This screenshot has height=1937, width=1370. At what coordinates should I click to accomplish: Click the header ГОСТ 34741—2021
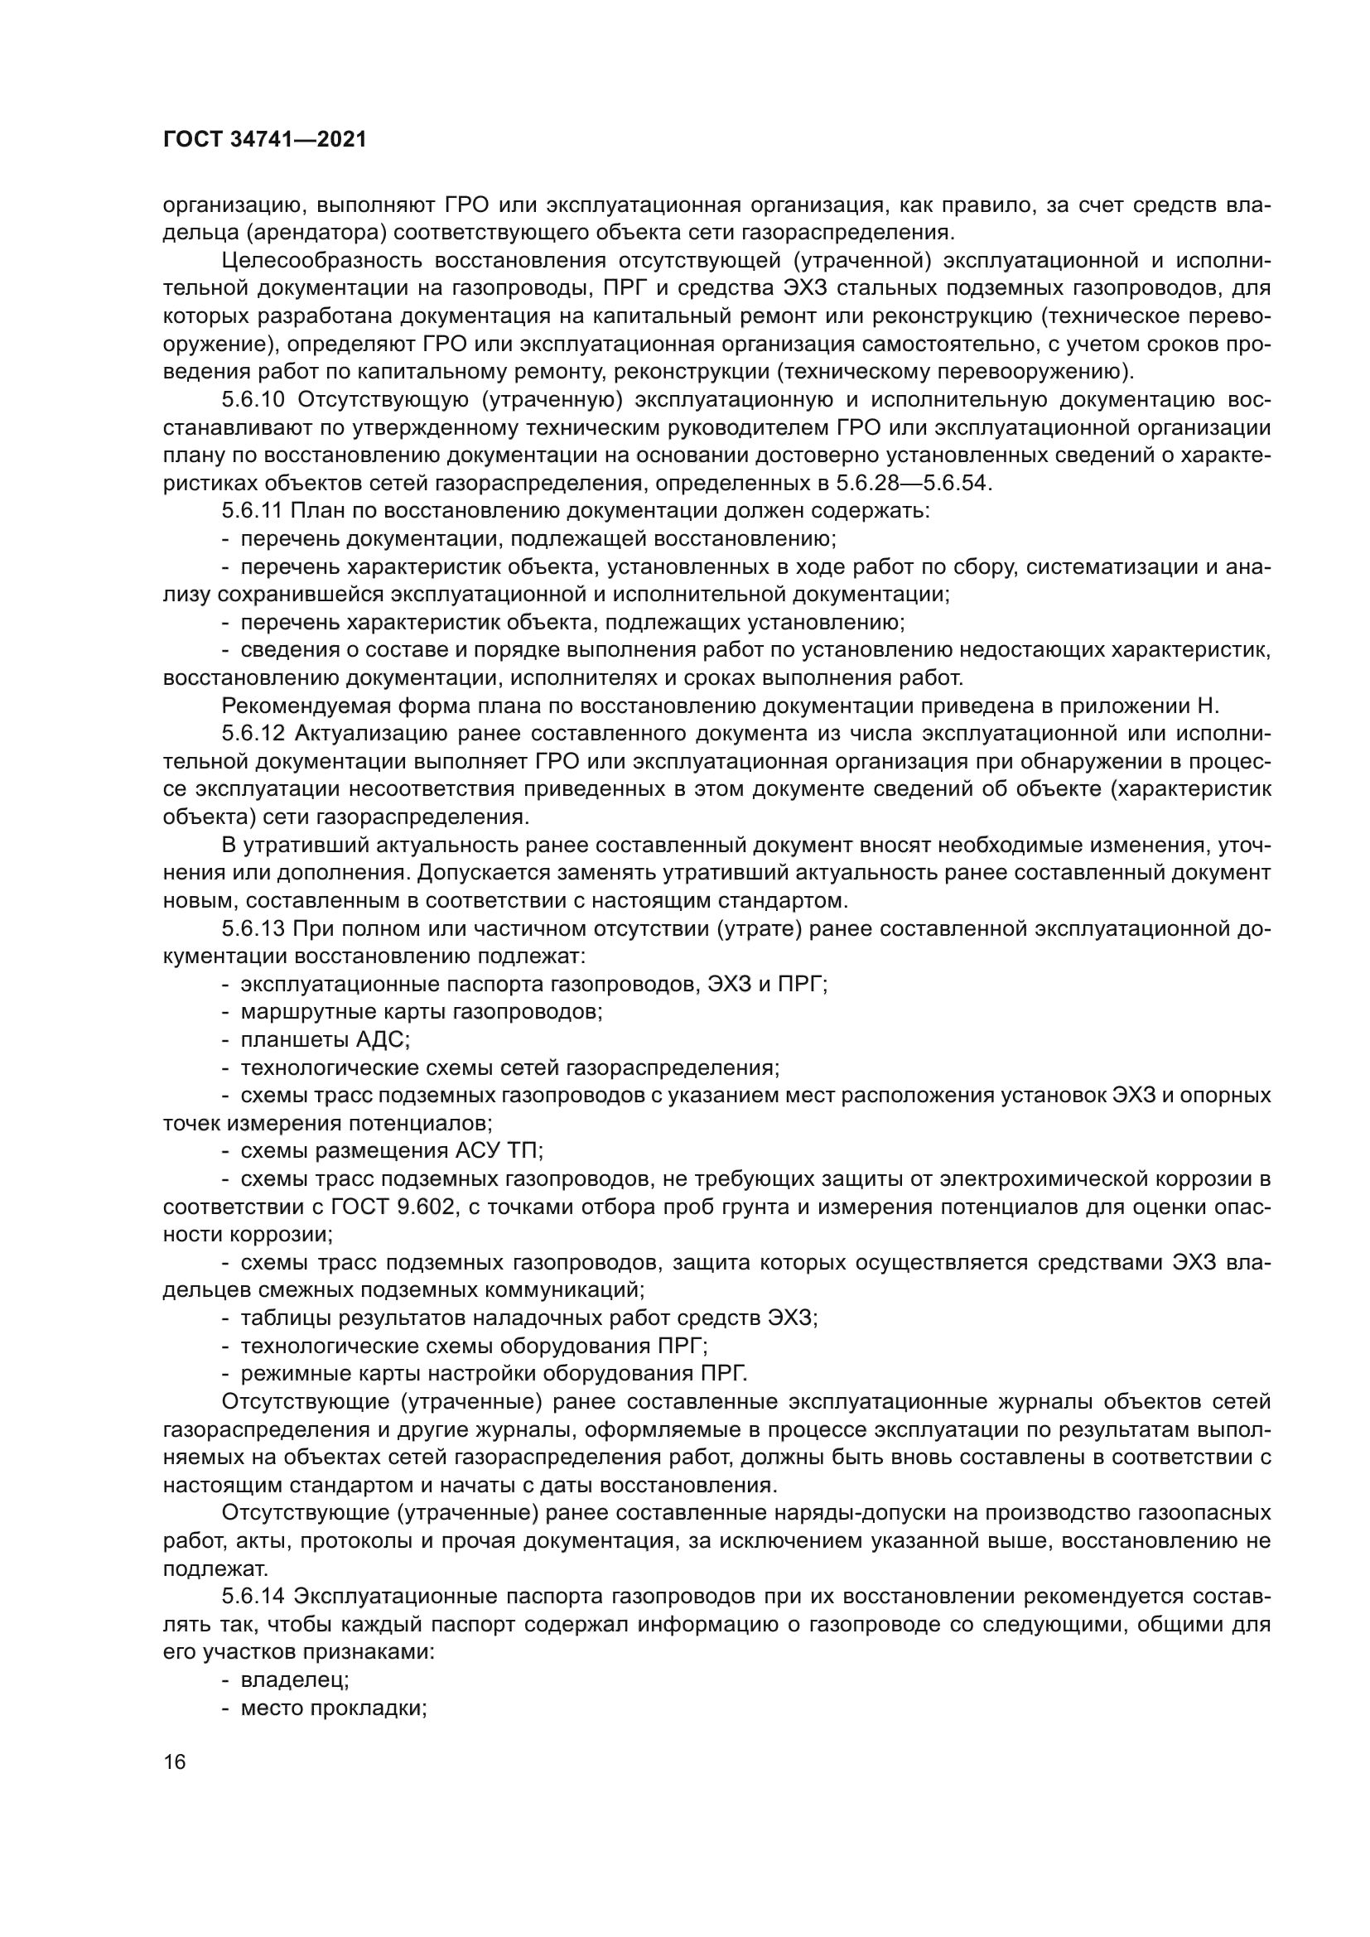click(x=265, y=140)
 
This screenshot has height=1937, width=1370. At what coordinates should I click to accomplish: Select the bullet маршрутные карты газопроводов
click(x=421, y=1012)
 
